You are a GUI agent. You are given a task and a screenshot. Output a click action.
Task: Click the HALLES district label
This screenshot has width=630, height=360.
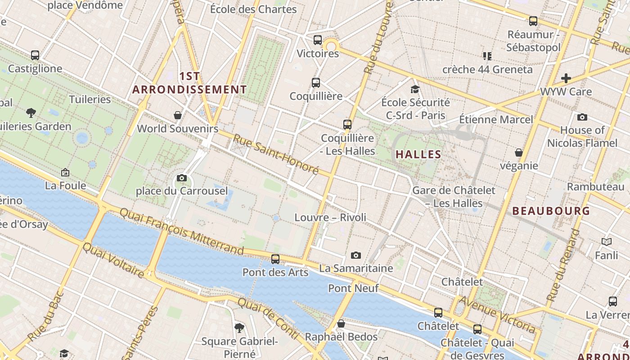pos(418,154)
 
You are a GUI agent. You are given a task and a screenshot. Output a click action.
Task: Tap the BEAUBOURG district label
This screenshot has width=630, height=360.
pos(551,211)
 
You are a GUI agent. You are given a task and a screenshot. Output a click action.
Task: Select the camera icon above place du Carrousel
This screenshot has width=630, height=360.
pos(182,178)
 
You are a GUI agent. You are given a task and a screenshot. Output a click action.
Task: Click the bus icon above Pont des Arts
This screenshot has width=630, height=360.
pos(275,259)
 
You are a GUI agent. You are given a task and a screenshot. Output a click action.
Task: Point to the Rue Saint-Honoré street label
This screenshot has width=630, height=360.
pos(275,155)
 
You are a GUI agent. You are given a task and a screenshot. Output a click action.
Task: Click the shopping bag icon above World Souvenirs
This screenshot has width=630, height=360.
pos(178,115)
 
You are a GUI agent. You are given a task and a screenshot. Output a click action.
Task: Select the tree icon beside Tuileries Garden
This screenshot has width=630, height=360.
pos(31,112)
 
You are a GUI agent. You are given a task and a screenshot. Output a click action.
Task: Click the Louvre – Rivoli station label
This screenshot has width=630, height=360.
pos(330,217)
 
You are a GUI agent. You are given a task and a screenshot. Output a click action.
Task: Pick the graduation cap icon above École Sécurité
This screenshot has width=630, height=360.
pos(415,90)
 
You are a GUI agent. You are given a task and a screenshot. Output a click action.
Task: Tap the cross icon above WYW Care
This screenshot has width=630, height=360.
pos(566,78)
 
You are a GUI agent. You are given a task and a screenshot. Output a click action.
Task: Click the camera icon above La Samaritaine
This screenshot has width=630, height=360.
pos(356,256)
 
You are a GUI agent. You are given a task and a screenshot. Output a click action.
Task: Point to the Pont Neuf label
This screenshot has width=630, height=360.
pos(353,288)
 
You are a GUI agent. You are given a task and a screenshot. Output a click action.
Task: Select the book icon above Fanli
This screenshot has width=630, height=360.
pos(607,242)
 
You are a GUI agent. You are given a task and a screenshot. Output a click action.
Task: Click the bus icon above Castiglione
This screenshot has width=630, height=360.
pos(35,55)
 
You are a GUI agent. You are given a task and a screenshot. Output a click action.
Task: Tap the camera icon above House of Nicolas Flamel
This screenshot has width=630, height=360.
pos(582,117)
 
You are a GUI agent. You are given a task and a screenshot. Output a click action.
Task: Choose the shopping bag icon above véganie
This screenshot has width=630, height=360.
pos(519,153)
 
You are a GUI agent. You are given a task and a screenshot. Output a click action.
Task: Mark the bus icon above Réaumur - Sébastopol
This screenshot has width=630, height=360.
pos(533,21)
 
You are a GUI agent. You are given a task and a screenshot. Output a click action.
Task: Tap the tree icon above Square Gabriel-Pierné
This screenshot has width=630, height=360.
pos(239,328)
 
